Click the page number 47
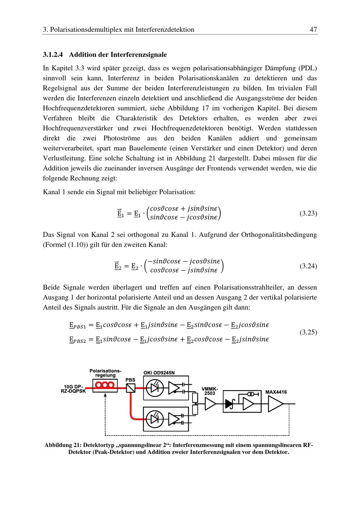[x=313, y=30]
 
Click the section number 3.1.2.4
[x=53, y=55]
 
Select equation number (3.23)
[x=308, y=214]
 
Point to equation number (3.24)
[x=308, y=266]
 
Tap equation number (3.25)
[x=308, y=332]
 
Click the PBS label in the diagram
[x=130, y=380]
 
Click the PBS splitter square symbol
[x=131, y=388]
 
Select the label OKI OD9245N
[x=161, y=372]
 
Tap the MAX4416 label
[x=276, y=392]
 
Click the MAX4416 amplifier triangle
[x=275, y=404]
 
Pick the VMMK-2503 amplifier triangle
[x=210, y=405]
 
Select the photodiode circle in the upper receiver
[x=155, y=388]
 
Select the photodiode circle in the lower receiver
[x=155, y=419]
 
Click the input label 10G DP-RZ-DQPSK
[x=73, y=389]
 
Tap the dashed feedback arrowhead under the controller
[x=105, y=395]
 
